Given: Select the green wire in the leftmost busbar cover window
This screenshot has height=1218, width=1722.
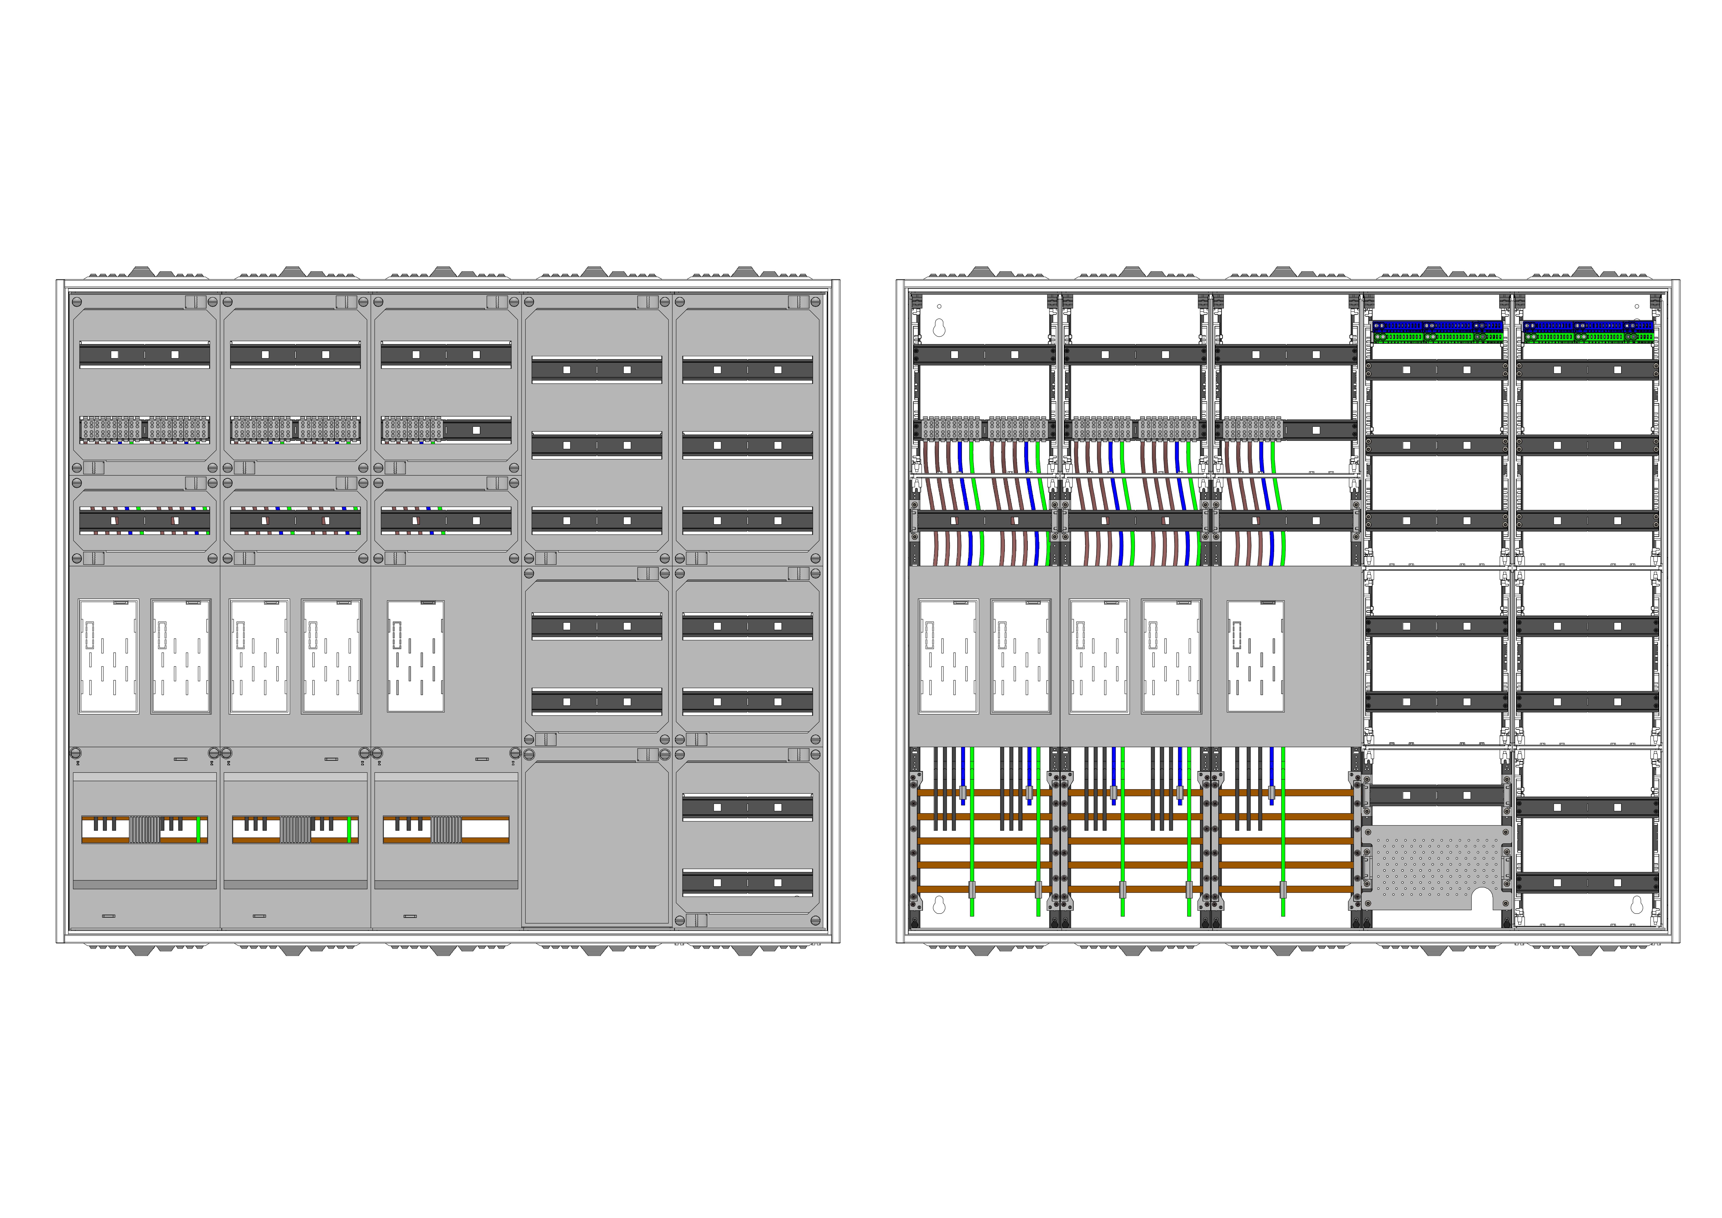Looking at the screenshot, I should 198,829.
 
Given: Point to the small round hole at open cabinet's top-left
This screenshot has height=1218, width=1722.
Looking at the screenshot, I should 939,306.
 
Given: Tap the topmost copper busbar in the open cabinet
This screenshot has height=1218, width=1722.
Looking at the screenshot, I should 1133,792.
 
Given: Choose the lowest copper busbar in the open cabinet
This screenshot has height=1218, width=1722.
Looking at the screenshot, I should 1133,889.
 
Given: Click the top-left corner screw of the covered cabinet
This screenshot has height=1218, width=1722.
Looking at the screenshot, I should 76,302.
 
